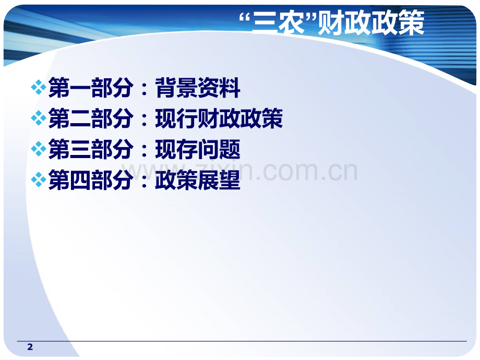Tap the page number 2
click(30, 347)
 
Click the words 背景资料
click(198, 89)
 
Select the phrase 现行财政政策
click(219, 119)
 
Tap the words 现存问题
click(198, 150)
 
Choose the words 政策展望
click(198, 181)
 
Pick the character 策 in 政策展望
click(187, 181)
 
